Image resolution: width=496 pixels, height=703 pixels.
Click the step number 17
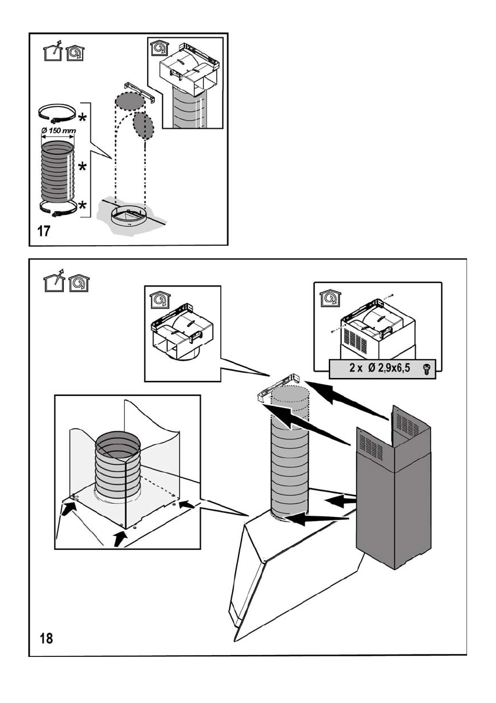(x=44, y=231)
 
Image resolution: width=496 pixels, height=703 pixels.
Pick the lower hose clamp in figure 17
(x=58, y=207)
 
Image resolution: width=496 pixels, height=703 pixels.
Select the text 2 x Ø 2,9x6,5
(x=378, y=368)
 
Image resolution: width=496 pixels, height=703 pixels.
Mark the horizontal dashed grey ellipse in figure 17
(x=129, y=100)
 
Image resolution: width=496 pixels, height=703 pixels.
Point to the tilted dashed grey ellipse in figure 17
(x=143, y=125)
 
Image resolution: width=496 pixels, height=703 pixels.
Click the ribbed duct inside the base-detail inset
(x=118, y=467)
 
